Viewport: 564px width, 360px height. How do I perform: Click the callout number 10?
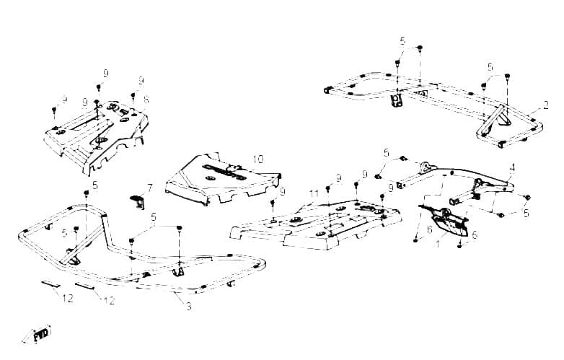point(258,159)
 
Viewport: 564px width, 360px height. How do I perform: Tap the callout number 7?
point(150,188)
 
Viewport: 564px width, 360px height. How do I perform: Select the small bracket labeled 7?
point(138,202)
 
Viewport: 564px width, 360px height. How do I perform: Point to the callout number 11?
point(314,193)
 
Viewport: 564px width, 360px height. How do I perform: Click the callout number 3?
point(189,307)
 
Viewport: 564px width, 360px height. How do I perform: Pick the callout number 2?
point(546,105)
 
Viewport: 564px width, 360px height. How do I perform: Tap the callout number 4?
point(512,167)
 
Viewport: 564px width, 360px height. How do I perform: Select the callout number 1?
point(438,244)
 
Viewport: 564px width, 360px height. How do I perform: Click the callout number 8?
point(146,100)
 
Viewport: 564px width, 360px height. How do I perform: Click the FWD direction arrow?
point(37,335)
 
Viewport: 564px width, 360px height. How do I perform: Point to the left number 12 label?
point(68,298)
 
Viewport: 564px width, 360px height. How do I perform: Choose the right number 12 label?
point(110,301)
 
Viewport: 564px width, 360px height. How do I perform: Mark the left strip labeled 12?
point(50,284)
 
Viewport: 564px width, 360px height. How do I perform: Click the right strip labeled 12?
point(85,286)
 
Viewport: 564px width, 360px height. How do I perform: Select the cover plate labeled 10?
point(223,180)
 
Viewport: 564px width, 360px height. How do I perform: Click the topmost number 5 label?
point(402,40)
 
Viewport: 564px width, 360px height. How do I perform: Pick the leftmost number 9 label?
point(64,99)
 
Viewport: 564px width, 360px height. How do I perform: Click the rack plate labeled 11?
point(316,223)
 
